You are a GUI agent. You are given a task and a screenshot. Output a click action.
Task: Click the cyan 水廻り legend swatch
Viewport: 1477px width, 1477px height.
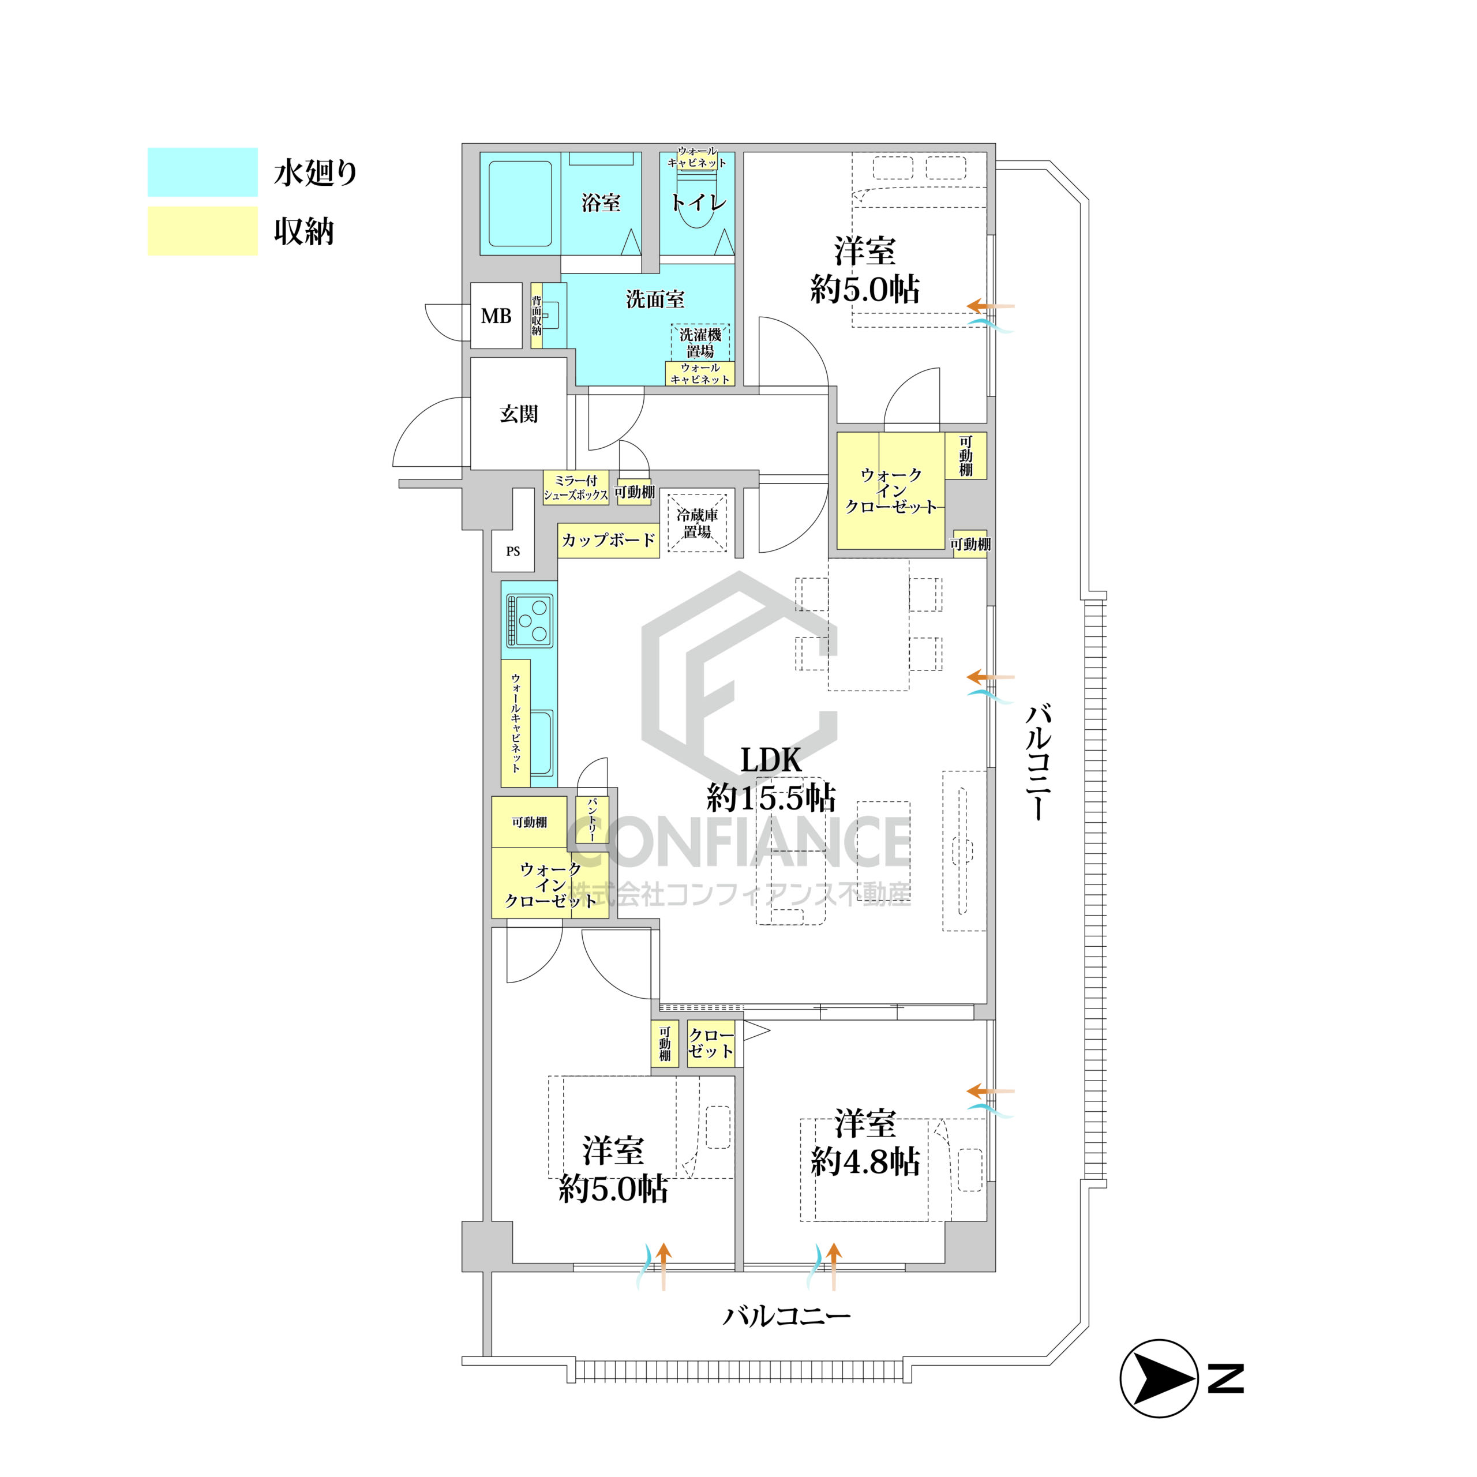click(x=203, y=172)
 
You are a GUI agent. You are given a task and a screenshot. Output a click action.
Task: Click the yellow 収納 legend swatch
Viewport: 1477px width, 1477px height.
click(x=203, y=231)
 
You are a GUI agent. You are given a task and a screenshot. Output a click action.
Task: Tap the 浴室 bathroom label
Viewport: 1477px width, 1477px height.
click(x=601, y=203)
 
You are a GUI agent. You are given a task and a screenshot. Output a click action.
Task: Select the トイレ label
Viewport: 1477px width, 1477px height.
click(x=698, y=203)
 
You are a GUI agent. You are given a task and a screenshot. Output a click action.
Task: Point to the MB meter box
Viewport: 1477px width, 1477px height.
click(x=496, y=316)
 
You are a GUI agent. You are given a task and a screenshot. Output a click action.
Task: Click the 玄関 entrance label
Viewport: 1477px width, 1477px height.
click(x=519, y=414)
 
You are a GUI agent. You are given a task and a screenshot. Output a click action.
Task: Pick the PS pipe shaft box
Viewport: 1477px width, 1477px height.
click(x=513, y=551)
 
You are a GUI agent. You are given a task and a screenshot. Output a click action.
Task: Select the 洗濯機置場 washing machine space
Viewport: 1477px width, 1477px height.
click(x=700, y=343)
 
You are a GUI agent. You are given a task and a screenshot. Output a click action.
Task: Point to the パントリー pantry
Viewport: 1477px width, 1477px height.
click(x=592, y=819)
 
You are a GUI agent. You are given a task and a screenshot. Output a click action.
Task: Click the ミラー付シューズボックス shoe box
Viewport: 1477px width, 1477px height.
click(x=576, y=488)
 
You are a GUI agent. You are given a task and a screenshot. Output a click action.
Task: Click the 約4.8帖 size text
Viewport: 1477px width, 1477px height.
click(x=865, y=1163)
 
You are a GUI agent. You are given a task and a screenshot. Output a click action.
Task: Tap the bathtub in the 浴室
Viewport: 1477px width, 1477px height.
click(x=520, y=203)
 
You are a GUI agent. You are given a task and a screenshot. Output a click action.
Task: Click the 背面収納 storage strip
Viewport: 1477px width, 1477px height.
click(x=537, y=316)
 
